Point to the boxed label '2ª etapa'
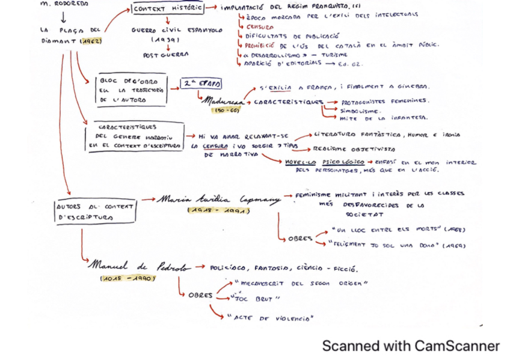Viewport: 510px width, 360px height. tap(201, 85)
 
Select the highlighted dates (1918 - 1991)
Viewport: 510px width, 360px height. tap(218, 210)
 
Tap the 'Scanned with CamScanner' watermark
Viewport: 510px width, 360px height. tap(411, 346)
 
